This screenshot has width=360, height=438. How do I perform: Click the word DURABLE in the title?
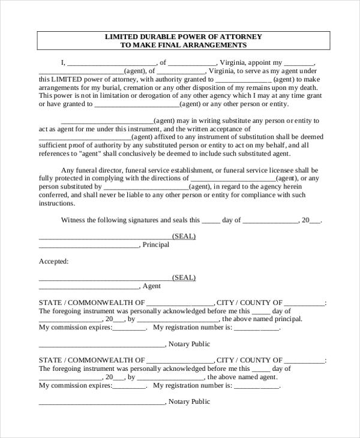tap(154, 37)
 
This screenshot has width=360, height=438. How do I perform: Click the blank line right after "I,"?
tap(111, 62)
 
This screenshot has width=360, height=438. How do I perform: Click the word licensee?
tap(291, 170)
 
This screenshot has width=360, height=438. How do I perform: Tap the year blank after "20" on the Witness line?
tap(315, 221)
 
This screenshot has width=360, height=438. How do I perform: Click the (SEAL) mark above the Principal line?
tap(184, 236)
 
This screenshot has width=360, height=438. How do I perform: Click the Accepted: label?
tap(54, 262)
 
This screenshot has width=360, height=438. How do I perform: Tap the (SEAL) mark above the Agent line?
tap(184, 278)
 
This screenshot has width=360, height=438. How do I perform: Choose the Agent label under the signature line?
tap(152, 286)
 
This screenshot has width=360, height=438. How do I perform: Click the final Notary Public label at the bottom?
tap(189, 402)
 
